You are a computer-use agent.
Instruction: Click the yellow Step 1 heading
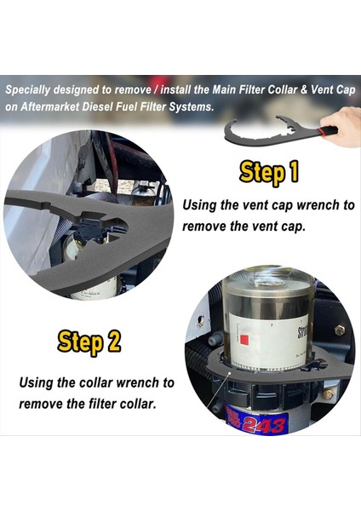[269, 173]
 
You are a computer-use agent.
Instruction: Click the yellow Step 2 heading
[89, 342]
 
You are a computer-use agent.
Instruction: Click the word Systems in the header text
[193, 106]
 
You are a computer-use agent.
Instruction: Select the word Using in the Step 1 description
[203, 205]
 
